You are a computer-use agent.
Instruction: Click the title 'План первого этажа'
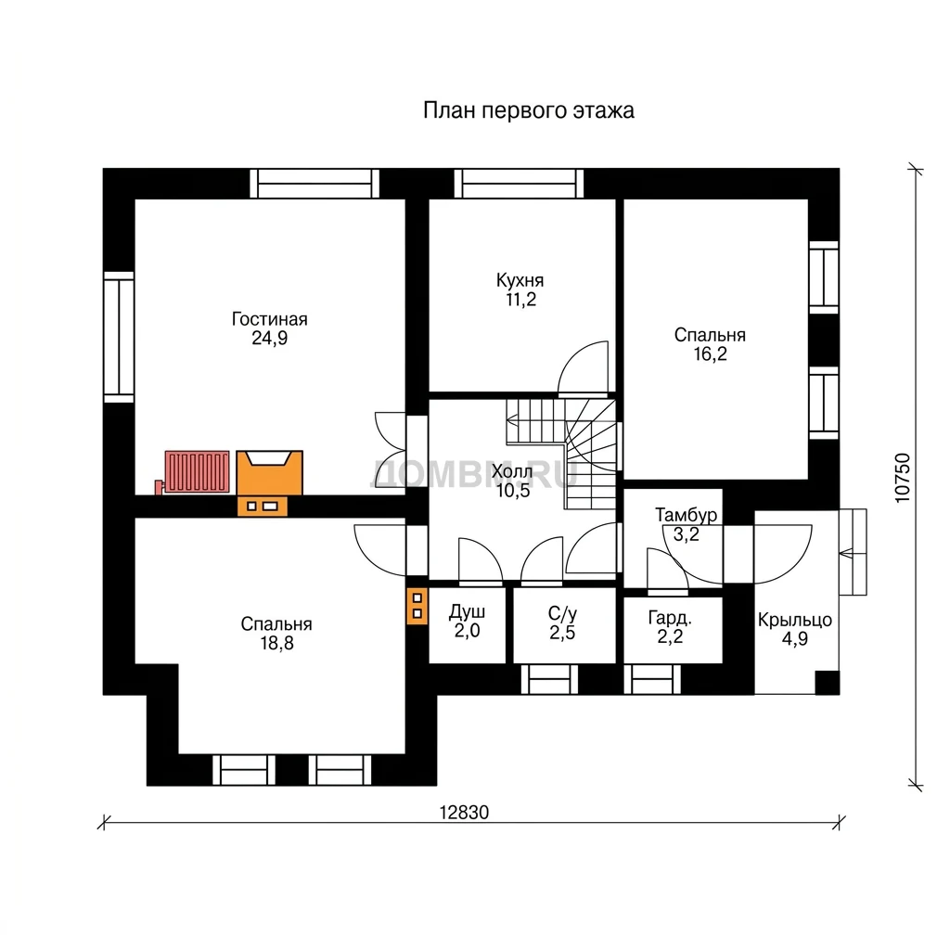pos(528,111)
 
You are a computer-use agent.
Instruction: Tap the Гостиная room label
pos(270,319)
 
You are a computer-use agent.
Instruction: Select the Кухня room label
pos(520,280)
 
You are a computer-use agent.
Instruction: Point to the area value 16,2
pos(710,353)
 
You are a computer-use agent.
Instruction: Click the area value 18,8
pos(276,643)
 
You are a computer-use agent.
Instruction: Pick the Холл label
pos(512,471)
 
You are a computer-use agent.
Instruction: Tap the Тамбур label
pos(686,515)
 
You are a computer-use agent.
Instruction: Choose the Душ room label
pos(467,612)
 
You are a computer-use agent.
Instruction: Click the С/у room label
pos(562,614)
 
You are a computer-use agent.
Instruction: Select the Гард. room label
pos(670,618)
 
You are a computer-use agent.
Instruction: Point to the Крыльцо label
pos(795,620)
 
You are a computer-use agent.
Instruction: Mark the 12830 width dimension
pos(464,813)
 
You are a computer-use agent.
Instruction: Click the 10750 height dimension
pos(902,478)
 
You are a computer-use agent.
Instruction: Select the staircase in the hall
pos(562,453)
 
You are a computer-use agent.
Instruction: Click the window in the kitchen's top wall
pos(519,184)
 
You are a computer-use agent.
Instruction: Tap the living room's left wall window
pos(119,336)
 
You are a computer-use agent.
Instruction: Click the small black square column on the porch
pos(827,682)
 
